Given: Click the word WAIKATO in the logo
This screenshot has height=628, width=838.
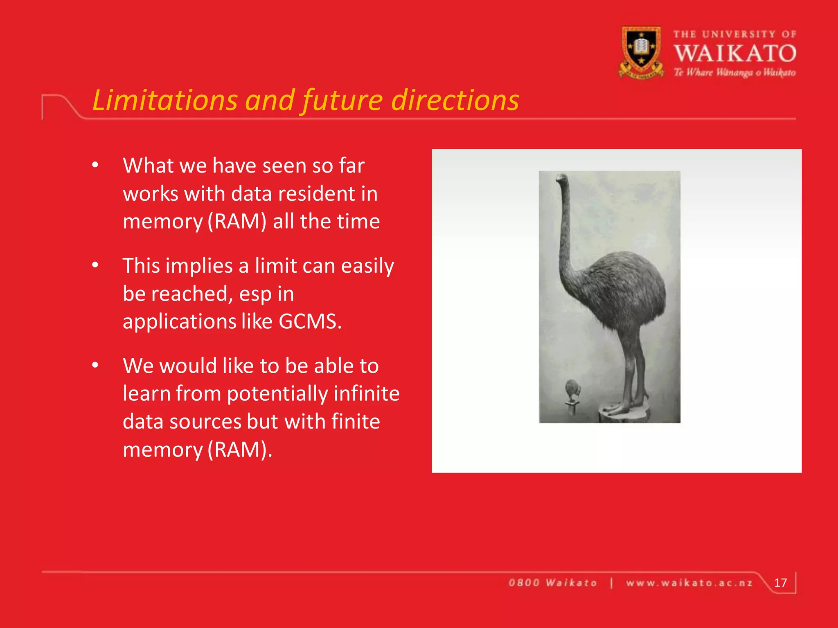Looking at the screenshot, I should pos(735,54).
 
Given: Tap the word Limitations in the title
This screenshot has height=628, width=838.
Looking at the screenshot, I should pos(165,100).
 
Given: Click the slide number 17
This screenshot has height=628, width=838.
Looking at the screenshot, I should pos(780,583).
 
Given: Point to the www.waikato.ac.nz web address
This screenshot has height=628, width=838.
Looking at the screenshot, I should pos(689,583).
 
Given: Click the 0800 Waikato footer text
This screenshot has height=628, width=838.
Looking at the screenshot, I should pos(553,583).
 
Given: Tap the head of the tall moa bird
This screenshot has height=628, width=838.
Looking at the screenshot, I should pos(561,178).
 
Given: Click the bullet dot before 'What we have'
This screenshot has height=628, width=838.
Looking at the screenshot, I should pos(95,166).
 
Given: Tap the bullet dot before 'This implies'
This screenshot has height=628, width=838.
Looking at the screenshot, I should pos(95,266).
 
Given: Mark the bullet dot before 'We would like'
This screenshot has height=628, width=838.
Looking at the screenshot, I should pos(95,366).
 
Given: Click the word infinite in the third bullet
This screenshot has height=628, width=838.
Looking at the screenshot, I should pos(366,393).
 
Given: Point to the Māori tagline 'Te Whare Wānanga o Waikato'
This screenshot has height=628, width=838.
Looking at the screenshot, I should pos(735,73).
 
